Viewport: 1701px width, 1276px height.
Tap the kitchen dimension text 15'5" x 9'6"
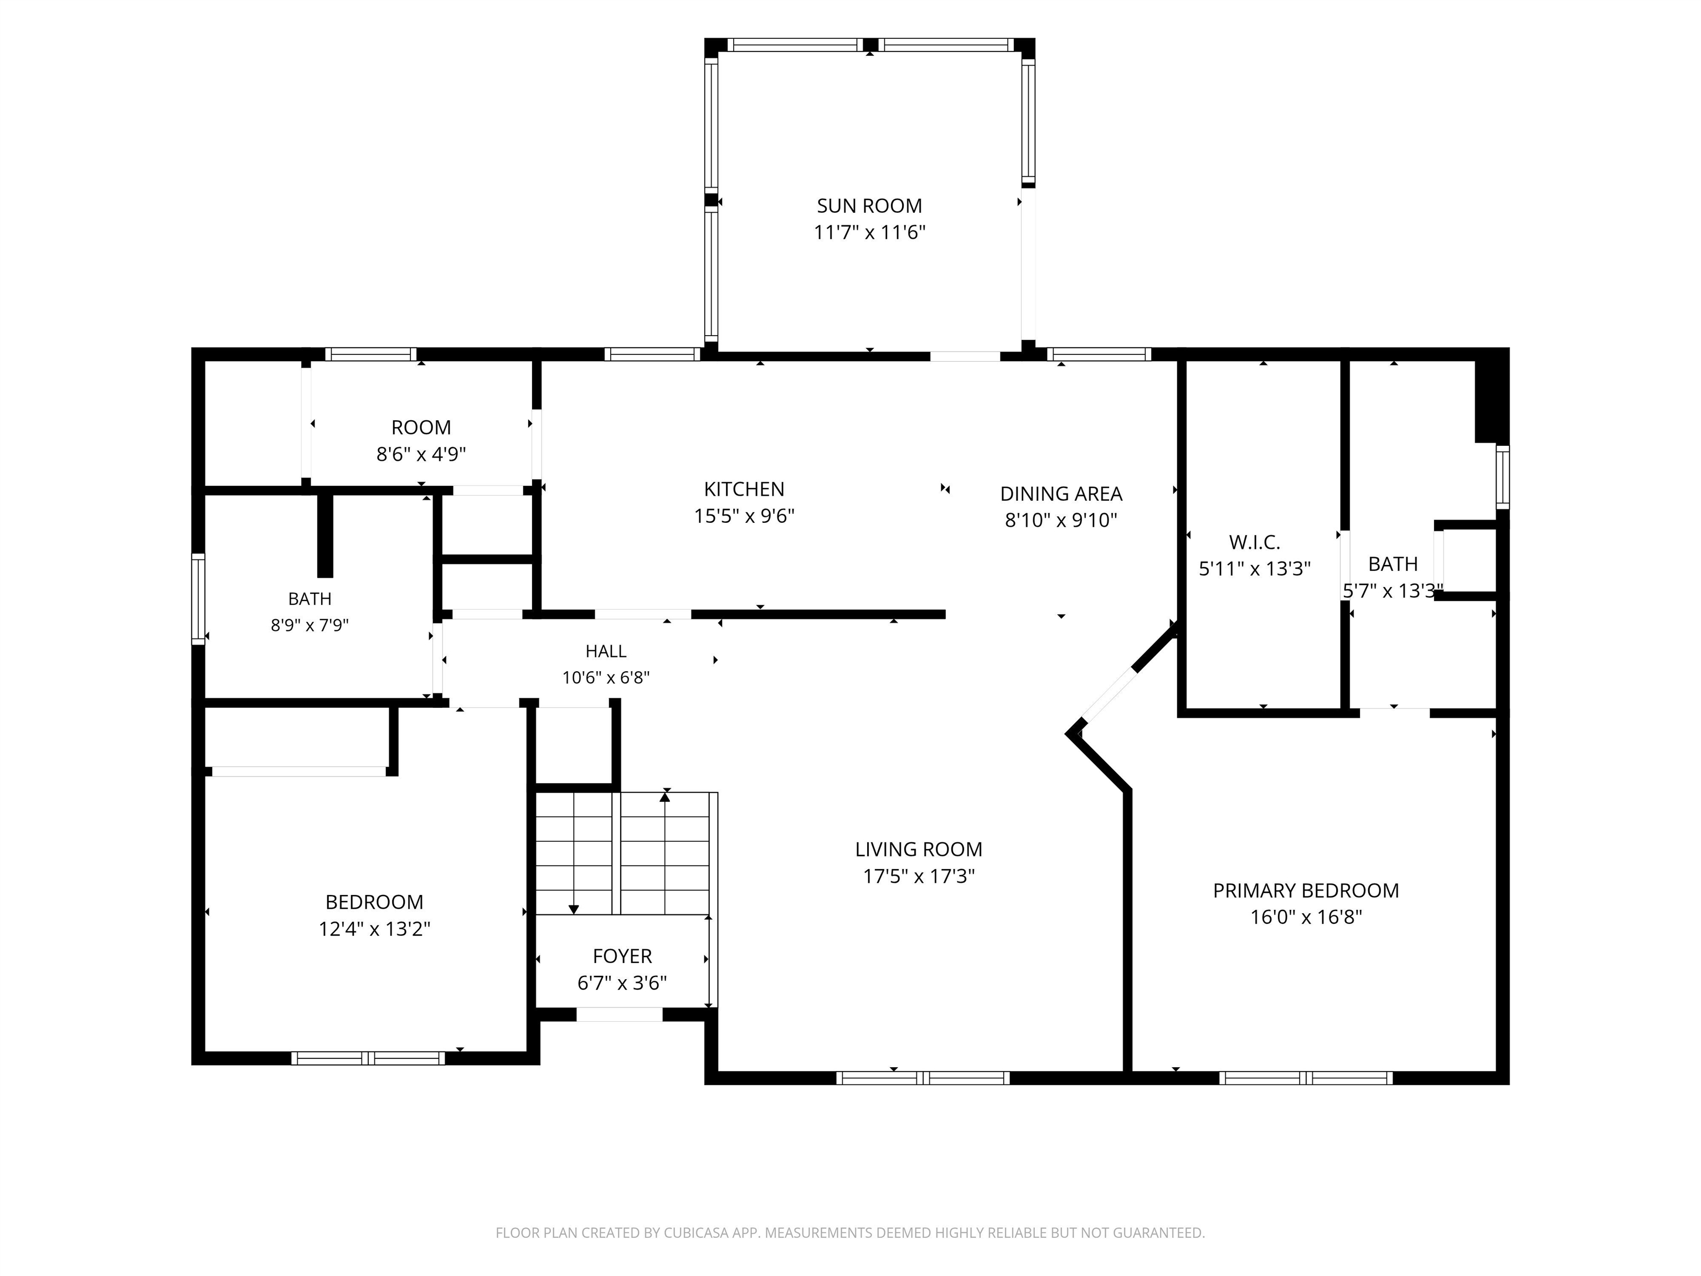pyautogui.click(x=744, y=516)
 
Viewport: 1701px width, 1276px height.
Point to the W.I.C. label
pyautogui.click(x=1254, y=542)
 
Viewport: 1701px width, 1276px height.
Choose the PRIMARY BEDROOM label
pyautogui.click(x=1305, y=891)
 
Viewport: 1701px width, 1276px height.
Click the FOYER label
pyautogui.click(x=622, y=956)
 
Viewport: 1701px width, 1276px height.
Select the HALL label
pyautogui.click(x=606, y=651)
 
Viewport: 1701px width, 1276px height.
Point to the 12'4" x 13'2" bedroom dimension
pyautogui.click(x=374, y=929)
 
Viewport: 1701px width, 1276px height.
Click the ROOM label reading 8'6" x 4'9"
pyautogui.click(x=421, y=428)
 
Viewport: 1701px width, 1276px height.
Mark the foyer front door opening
pyautogui.click(x=619, y=1015)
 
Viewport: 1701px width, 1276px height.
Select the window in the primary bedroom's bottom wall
pyautogui.click(x=1305, y=1078)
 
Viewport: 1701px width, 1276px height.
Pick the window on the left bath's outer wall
pyautogui.click(x=198, y=598)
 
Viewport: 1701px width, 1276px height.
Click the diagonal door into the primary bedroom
pyautogui.click(x=1107, y=694)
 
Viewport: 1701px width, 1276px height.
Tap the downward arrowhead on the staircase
pyautogui.click(x=573, y=910)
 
